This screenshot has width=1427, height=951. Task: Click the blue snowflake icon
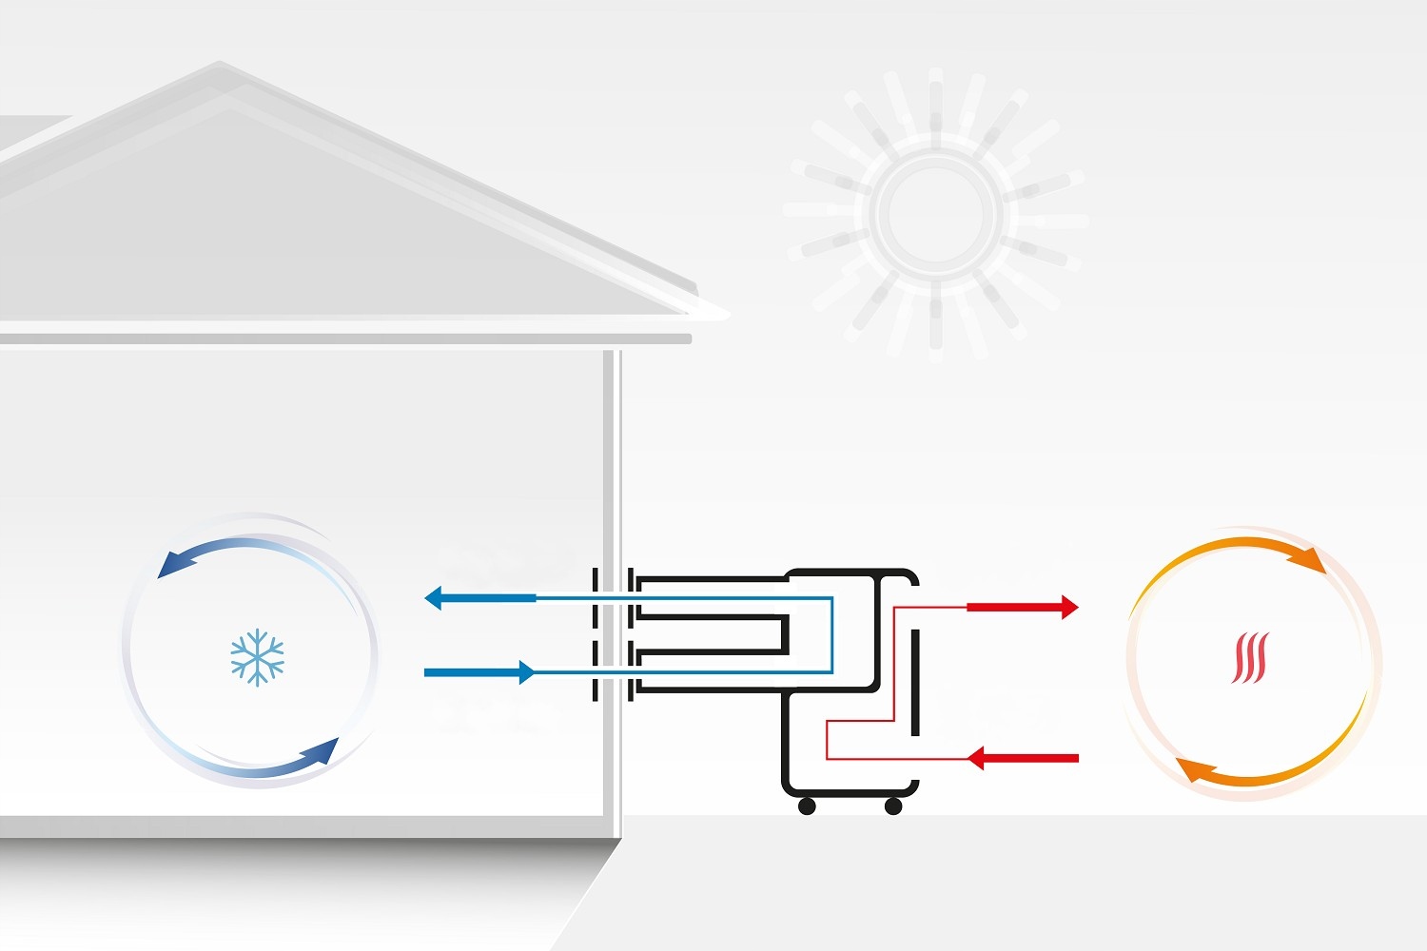click(257, 656)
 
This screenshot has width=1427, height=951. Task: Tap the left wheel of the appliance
click(807, 806)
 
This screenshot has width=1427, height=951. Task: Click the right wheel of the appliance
click(893, 806)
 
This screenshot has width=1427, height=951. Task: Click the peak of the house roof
click(221, 67)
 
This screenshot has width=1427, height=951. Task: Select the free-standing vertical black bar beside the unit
click(915, 682)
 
